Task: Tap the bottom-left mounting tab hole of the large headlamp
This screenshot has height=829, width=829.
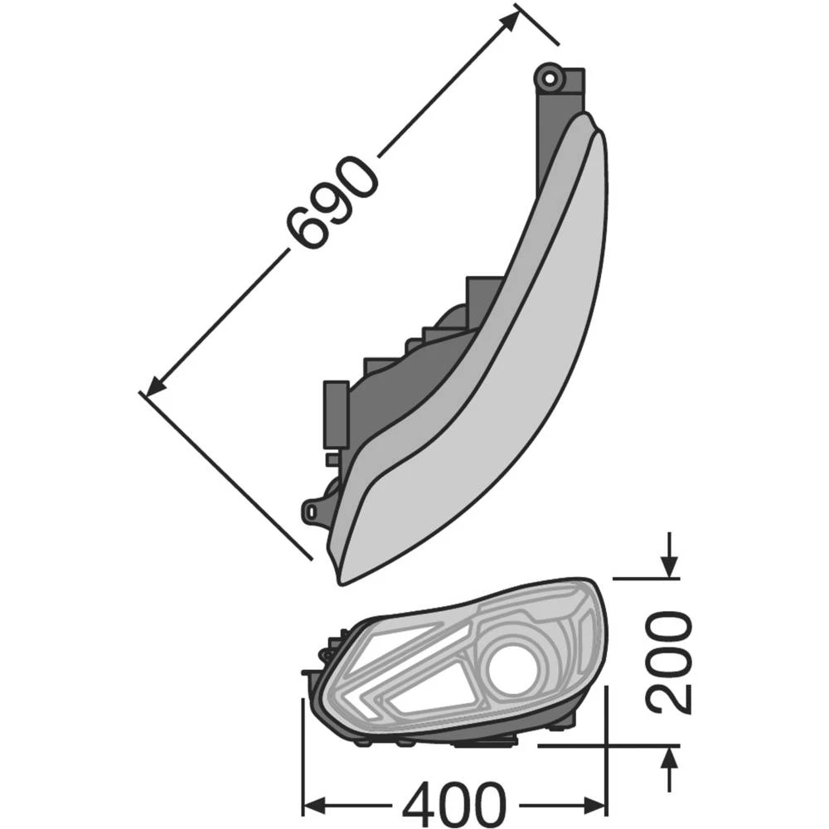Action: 313,511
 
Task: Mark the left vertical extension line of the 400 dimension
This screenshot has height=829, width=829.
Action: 303,754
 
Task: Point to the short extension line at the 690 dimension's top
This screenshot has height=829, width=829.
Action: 536,25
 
